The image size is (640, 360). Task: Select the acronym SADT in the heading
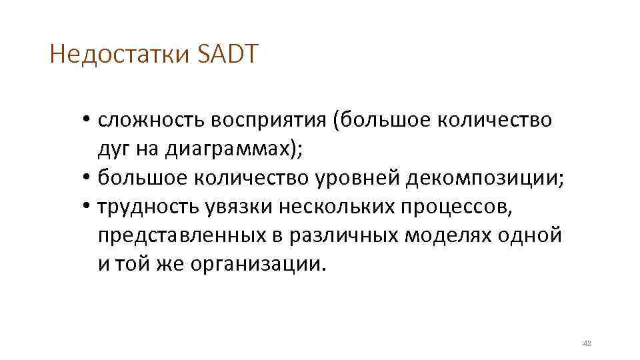coord(227,54)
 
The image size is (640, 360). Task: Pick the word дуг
coord(114,150)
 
